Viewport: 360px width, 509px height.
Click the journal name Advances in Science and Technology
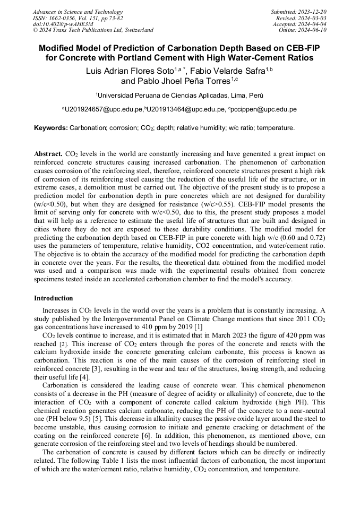coord(78,12)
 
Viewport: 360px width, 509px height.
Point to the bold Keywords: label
coord(51,128)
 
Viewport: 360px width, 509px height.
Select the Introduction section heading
coord(53,298)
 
